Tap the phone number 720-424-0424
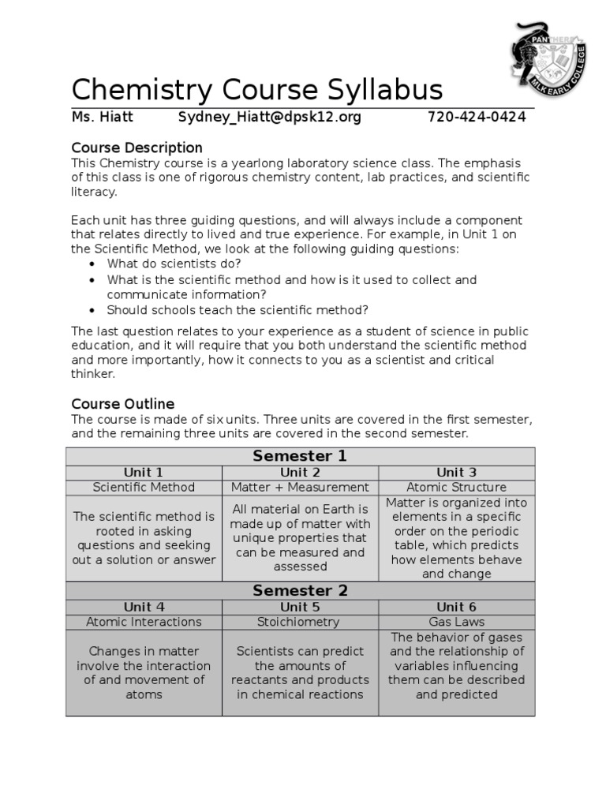[477, 118]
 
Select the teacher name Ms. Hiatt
[103, 118]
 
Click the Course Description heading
[137, 148]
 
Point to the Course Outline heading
[122, 404]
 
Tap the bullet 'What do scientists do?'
[174, 264]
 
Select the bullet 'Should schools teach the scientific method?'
[238, 309]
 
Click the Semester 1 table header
[300, 456]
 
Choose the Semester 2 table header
[300, 591]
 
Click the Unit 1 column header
[144, 473]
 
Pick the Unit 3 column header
[456, 473]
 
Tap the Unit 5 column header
[300, 607]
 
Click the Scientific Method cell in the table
[144, 488]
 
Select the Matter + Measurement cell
[300, 488]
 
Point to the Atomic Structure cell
[456, 488]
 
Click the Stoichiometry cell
[300, 622]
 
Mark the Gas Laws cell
[456, 622]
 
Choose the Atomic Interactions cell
[144, 622]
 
